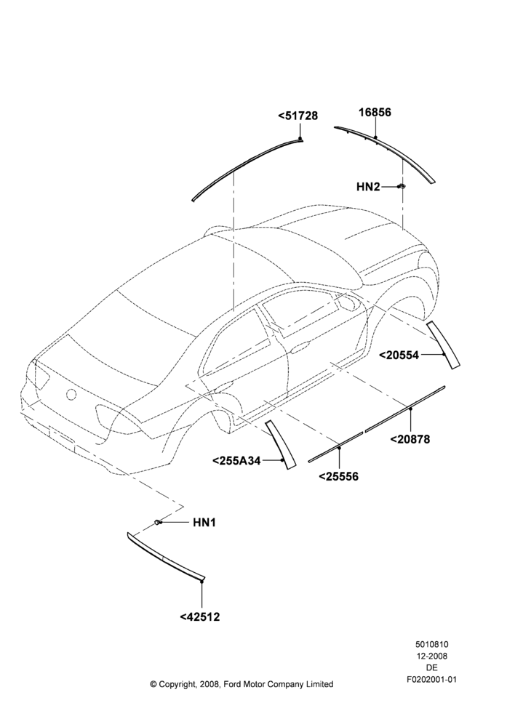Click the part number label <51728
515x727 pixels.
point(298,116)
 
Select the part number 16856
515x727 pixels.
point(375,112)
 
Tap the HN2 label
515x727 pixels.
point(368,186)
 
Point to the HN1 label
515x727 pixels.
point(204,523)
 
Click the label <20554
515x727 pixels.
point(399,356)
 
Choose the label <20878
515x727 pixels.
point(410,438)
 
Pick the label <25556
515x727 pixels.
point(339,476)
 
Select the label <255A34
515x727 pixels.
point(236,460)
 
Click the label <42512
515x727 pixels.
point(200,617)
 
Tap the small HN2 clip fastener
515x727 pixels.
point(402,186)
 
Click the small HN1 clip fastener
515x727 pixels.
point(159,523)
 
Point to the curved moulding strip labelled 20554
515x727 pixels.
point(443,345)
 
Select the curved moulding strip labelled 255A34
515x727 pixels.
point(280,445)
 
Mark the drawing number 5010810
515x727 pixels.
point(431,644)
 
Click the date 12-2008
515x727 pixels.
point(431,656)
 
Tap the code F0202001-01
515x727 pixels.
point(431,680)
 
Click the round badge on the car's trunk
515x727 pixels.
point(71,395)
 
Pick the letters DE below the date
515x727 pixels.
point(431,668)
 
